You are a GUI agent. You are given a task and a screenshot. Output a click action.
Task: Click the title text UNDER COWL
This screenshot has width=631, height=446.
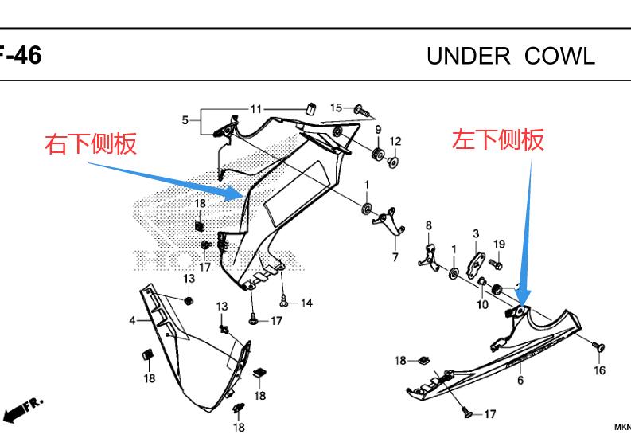tap(510, 56)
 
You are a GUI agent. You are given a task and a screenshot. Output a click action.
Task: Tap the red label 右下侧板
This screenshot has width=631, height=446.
tap(92, 143)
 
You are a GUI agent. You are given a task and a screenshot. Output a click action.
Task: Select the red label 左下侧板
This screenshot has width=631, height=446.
tap(498, 140)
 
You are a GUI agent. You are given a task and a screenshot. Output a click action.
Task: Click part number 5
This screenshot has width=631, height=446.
tap(185, 120)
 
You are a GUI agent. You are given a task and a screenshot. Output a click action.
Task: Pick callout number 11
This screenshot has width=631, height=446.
tap(255, 109)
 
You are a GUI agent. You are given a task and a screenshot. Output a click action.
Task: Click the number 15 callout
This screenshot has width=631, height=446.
tap(336, 108)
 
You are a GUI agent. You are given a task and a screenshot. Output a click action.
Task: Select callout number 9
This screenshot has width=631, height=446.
tap(378, 130)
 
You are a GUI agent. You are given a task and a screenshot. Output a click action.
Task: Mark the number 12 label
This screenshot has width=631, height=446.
tap(395, 142)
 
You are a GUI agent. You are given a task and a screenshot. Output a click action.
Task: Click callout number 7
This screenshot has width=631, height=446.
tap(395, 257)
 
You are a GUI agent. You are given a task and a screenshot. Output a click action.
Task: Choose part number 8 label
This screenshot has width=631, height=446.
tap(428, 225)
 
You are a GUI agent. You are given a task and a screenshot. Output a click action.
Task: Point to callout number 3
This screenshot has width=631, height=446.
tap(476, 233)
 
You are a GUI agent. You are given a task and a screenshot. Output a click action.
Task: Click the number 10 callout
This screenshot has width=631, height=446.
tap(482, 304)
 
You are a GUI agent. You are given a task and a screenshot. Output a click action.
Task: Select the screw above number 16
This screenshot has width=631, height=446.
tap(598, 346)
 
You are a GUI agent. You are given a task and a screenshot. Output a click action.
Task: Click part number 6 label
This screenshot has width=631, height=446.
tap(520, 380)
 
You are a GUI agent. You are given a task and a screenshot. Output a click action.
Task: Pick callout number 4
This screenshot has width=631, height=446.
tap(132, 321)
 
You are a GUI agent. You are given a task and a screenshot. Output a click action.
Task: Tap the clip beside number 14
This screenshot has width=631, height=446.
tap(285, 301)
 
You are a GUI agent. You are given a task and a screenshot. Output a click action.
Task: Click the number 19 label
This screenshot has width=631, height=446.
tap(499, 244)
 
